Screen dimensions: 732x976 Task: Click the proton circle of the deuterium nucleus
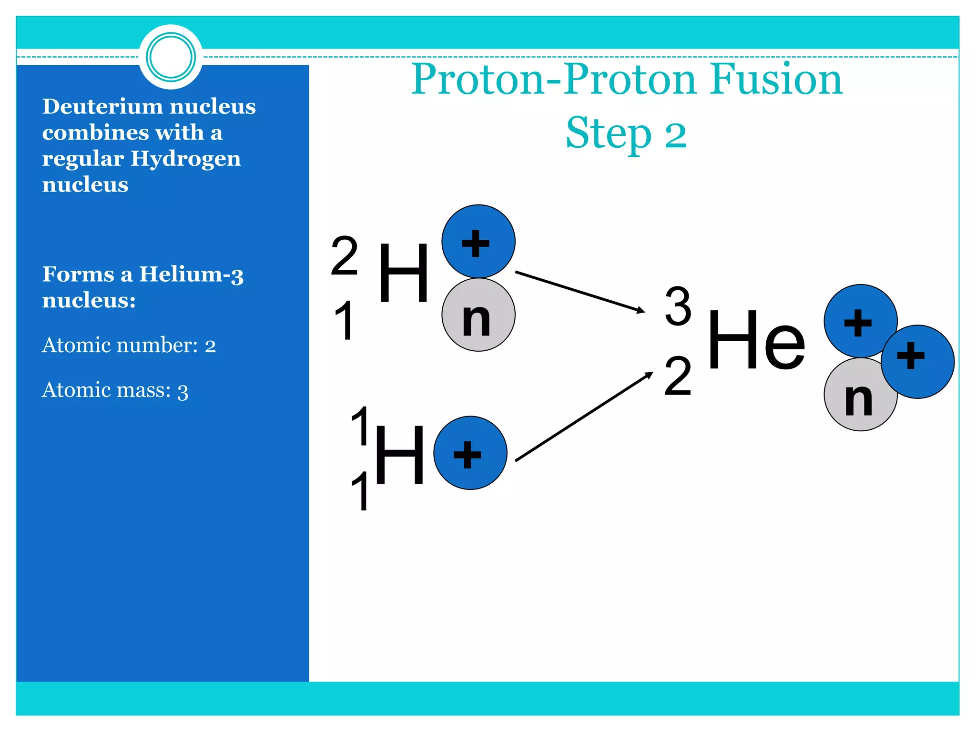[478, 242]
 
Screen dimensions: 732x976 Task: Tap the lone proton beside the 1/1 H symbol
[470, 453]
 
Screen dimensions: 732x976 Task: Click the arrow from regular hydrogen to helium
[583, 417]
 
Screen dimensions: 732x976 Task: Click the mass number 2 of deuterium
[344, 256]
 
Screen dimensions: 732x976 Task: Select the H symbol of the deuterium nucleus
[404, 273]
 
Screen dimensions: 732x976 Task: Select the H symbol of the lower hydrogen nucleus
[399, 455]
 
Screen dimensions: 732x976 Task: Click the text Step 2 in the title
[626, 133]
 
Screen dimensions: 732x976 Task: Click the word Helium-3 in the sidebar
[191, 274]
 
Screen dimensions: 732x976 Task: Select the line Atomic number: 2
[129, 345]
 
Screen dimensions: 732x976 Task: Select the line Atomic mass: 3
[115, 390]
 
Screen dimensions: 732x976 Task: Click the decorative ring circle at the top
[171, 57]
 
